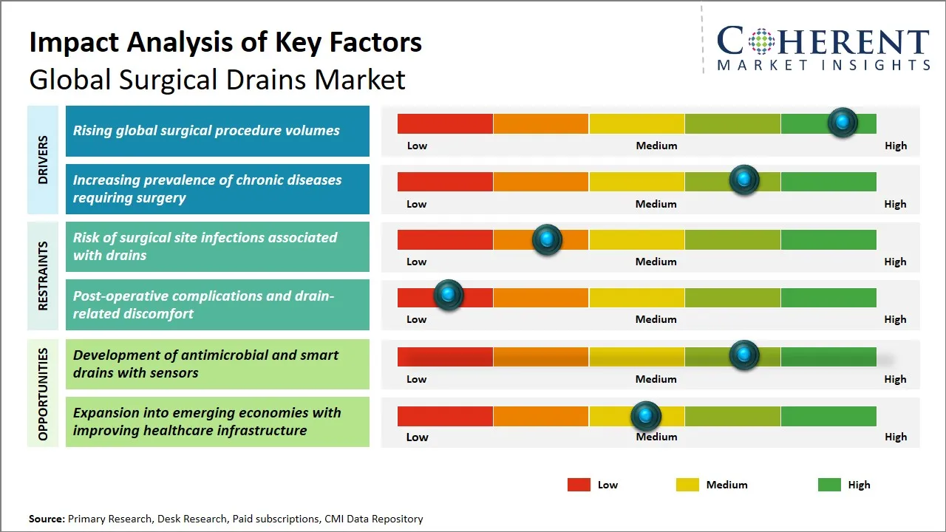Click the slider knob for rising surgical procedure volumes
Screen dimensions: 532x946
click(843, 123)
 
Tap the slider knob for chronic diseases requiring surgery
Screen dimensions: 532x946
click(744, 180)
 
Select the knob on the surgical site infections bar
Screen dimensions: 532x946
click(547, 239)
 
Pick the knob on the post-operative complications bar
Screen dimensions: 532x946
click(448, 295)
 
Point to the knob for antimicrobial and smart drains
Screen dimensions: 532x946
click(744, 355)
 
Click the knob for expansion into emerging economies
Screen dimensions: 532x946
click(646, 417)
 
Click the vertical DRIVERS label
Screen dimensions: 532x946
click(43, 160)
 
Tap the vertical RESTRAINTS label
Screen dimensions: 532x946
click(43, 276)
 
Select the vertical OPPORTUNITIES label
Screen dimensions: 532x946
click(43, 394)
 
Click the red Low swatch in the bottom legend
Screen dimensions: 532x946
click(579, 485)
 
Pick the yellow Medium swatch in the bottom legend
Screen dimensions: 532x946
click(687, 485)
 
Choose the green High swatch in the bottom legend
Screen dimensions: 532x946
click(829, 485)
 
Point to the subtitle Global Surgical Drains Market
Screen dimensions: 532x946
click(217, 79)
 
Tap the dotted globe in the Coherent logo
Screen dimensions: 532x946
click(760, 41)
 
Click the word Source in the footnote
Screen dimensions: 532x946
click(47, 519)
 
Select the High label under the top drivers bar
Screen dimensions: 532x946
click(896, 146)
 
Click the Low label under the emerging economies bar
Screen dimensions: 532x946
click(417, 437)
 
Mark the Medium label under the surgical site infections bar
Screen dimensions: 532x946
click(656, 262)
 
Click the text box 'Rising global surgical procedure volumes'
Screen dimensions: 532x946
click(217, 131)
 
